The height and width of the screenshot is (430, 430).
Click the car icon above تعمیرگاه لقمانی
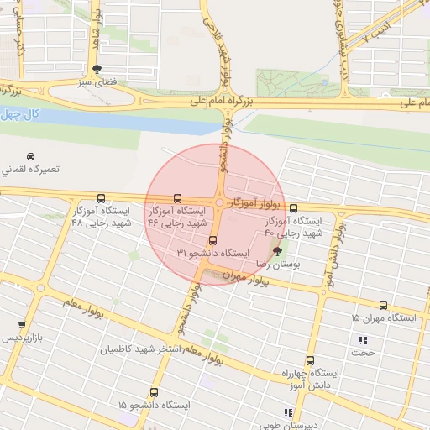(30, 156)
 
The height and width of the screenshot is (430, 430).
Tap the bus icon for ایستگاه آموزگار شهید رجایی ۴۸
(102, 198)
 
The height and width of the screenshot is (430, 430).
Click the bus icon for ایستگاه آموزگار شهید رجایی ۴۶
(176, 198)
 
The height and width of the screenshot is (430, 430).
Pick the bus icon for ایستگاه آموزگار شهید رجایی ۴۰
(293, 208)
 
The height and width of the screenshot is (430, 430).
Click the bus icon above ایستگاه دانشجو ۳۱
(211, 240)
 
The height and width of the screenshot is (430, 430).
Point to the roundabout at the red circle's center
(218, 202)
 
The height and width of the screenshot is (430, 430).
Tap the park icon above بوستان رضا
(278, 250)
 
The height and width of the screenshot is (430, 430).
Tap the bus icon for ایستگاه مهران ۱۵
(384, 306)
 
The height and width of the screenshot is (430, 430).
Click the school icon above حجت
(363, 340)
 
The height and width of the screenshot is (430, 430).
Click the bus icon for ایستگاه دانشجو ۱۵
(154, 392)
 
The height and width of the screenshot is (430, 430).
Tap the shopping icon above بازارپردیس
(21, 324)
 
